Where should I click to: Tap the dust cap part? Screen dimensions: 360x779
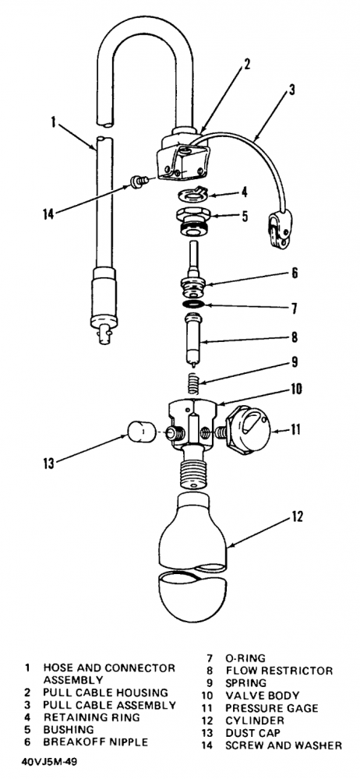coord(140,432)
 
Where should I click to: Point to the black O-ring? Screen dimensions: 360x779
coord(193,304)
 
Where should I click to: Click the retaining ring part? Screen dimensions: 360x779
coord(192,194)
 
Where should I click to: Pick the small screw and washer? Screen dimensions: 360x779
coord(137,180)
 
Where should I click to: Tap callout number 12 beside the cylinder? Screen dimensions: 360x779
coord(296,517)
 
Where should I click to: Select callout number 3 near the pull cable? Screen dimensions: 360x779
coord(291,90)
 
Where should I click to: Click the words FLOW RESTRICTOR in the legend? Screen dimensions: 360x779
coord(279,671)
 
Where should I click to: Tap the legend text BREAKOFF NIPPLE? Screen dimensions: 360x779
coord(96,742)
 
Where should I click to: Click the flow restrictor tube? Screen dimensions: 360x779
coord(195,338)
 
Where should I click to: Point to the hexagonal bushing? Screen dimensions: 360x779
coord(193,221)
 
